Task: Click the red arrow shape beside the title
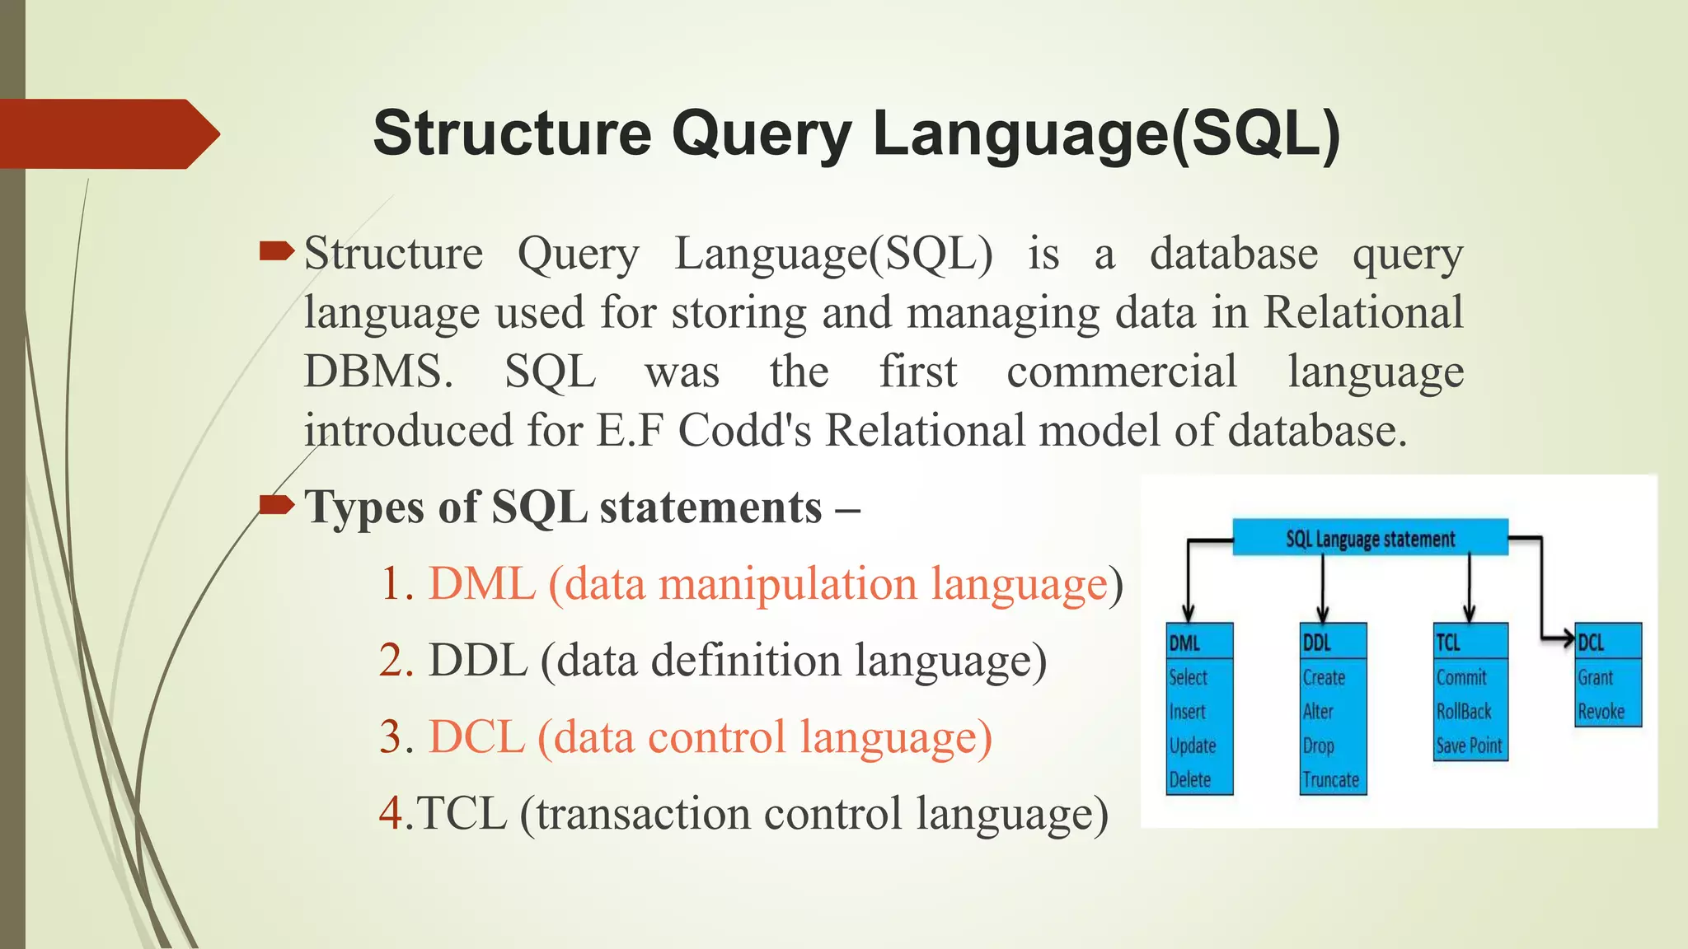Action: click(x=107, y=133)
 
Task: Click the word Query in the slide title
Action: click(x=762, y=133)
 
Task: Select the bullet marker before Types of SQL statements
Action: click(x=276, y=504)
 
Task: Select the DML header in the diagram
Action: click(x=1184, y=643)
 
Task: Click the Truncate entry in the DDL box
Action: click(x=1330, y=779)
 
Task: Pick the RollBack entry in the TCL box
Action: click(x=1464, y=711)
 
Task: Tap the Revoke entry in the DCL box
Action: click(x=1601, y=711)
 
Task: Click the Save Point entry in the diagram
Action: click(x=1469, y=746)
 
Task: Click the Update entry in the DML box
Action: click(x=1193, y=746)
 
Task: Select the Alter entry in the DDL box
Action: click(x=1318, y=711)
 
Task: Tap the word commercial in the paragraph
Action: click(x=1122, y=372)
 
